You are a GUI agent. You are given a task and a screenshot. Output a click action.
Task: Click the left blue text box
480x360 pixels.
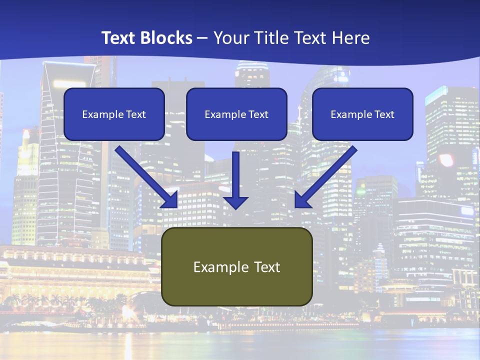114,114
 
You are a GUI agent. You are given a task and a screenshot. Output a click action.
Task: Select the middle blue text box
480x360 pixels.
236,114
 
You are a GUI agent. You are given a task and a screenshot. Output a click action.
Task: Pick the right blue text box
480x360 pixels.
362,114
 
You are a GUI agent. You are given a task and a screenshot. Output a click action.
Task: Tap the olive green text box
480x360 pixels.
236,266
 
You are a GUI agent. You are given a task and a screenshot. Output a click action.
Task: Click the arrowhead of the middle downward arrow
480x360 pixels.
235,202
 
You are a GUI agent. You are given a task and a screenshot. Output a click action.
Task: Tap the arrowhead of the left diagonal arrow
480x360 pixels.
171,200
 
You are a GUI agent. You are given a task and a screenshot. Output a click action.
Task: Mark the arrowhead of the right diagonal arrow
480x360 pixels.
301,200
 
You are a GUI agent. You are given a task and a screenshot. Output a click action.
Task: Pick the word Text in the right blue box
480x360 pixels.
384,114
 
